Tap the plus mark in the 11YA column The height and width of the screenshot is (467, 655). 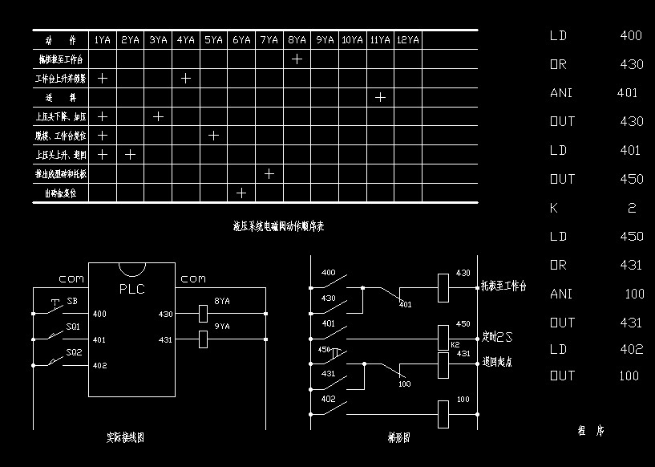[x=381, y=97]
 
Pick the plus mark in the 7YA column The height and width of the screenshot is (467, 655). [x=269, y=173]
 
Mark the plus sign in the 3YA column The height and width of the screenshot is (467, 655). [x=158, y=116]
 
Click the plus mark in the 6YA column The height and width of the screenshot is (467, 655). [x=241, y=193]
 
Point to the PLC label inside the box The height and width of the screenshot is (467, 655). [x=131, y=290]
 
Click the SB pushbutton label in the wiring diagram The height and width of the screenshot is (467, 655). [x=72, y=302]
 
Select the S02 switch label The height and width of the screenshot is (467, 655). [x=74, y=352]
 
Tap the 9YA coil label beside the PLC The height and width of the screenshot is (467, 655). [x=222, y=327]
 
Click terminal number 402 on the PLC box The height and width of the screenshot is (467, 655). [x=99, y=366]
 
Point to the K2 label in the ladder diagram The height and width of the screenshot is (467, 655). [x=443, y=344]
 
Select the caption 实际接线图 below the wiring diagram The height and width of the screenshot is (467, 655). [x=125, y=438]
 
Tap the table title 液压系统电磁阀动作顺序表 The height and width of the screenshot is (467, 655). [x=278, y=227]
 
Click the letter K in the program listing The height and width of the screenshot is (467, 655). [x=554, y=208]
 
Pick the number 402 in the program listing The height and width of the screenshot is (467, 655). [x=631, y=349]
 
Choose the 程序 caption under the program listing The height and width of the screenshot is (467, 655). [x=591, y=431]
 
